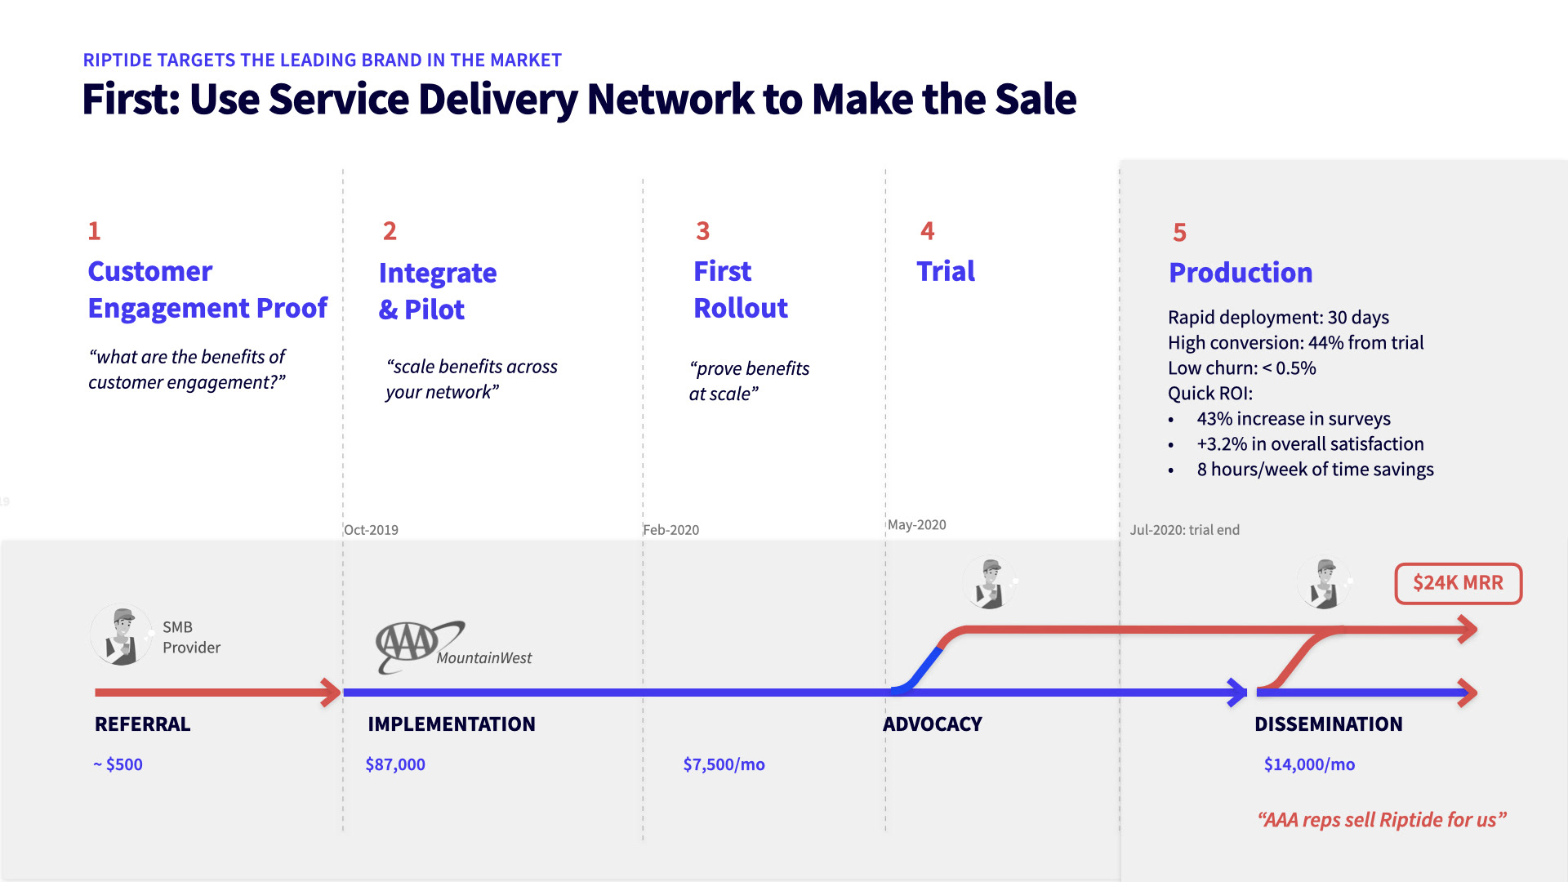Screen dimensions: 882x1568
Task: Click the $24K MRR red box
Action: (x=1458, y=583)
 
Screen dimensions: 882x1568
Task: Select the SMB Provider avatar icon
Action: (x=122, y=635)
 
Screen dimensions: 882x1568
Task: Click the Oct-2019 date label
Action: (x=372, y=530)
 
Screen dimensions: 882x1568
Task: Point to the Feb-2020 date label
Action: (x=671, y=530)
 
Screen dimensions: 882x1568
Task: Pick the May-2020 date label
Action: (x=917, y=524)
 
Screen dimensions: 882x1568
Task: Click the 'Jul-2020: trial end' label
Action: (x=1184, y=530)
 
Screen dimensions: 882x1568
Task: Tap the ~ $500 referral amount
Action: (x=118, y=764)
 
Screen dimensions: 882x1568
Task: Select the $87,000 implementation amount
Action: (x=395, y=764)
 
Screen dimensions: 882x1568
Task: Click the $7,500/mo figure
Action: (x=724, y=764)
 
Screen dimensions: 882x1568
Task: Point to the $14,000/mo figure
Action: (x=1309, y=764)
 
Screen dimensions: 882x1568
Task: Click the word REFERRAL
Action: (x=143, y=724)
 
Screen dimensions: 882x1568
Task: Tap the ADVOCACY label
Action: (x=933, y=724)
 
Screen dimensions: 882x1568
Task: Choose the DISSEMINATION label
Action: (x=1329, y=724)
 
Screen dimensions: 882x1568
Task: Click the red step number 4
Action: (x=928, y=231)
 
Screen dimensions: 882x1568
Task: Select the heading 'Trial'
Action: (x=946, y=271)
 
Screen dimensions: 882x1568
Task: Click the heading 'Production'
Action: (x=1241, y=273)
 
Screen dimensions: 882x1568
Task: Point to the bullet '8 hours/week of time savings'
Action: (x=1315, y=470)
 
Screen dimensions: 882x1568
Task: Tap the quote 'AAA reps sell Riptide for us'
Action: (x=1382, y=820)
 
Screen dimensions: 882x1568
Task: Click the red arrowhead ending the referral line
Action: (x=332, y=693)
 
